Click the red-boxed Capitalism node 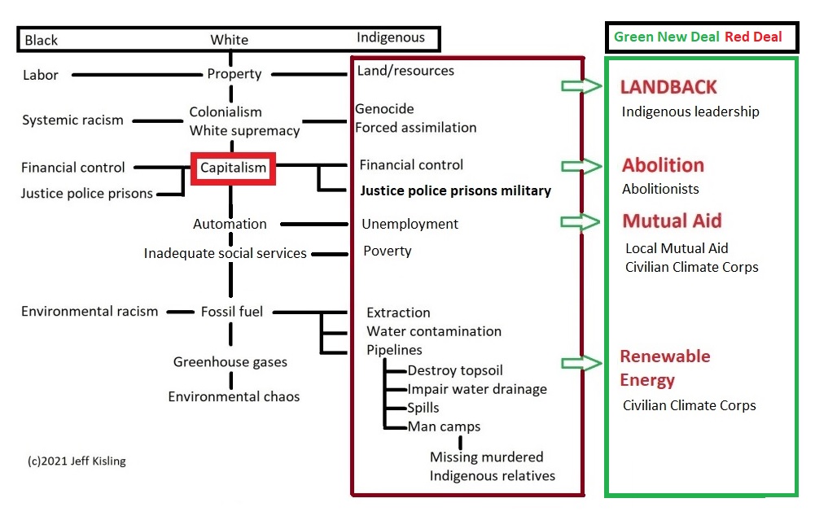pos(234,168)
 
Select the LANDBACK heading pos(668,87)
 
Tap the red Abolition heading pos(663,165)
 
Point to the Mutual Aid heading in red pos(672,221)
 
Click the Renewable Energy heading pos(664,368)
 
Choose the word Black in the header pos(42,40)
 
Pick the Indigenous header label pos(391,37)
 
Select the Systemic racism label pos(72,120)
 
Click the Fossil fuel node pos(232,311)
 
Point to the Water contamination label pos(434,331)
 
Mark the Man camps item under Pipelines pos(444,426)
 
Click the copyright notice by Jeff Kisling pos(77,461)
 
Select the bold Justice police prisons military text pos(455,191)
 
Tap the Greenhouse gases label pos(230,362)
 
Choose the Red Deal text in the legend pos(754,37)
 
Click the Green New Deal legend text pos(667,37)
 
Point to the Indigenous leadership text pos(690,111)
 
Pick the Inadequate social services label pos(225,254)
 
